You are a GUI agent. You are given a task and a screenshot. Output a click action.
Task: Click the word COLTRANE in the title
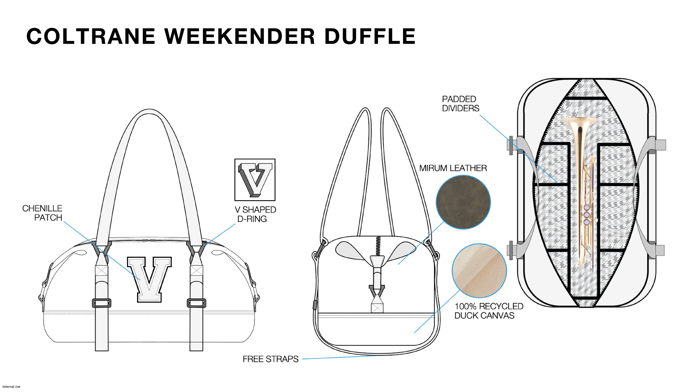[x=91, y=36]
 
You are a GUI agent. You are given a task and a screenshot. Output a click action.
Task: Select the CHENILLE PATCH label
[x=42, y=213]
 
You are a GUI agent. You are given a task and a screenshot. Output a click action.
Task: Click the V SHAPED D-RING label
[x=255, y=214]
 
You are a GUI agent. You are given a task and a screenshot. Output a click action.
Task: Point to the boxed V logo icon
[x=255, y=180]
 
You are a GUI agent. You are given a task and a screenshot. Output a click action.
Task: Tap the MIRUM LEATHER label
[x=453, y=168]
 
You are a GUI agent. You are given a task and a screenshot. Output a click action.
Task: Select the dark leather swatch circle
[x=463, y=202]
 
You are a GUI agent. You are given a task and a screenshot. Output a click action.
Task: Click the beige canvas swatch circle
[x=479, y=271]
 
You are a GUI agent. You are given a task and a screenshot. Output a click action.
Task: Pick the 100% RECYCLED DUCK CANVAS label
[x=489, y=311]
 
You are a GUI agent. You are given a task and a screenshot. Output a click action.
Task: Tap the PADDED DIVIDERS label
[x=460, y=104]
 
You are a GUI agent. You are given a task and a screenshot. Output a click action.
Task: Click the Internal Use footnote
[x=11, y=387]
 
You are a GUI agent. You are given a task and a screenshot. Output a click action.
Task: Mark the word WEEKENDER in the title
[x=239, y=36]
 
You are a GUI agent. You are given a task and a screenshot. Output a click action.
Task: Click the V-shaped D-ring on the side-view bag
[x=377, y=291]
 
